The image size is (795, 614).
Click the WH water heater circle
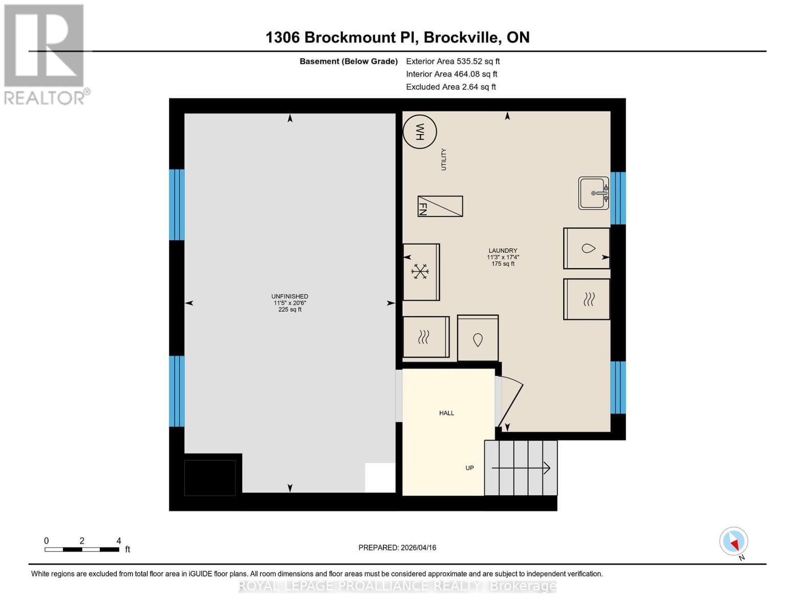click(419, 131)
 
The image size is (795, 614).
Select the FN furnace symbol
click(440, 206)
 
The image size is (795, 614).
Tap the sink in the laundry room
click(593, 193)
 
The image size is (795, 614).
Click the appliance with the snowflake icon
click(421, 272)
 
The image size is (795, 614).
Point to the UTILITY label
click(444, 159)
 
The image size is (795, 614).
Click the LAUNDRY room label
click(502, 251)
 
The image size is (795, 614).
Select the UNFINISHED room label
click(290, 296)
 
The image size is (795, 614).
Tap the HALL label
click(446, 413)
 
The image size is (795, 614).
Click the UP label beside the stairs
click(469, 468)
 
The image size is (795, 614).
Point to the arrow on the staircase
click(521, 468)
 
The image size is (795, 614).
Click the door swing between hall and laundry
click(510, 402)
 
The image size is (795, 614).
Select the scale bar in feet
click(82, 550)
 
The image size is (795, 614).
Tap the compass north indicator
click(734, 541)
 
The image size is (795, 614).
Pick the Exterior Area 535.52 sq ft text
click(453, 61)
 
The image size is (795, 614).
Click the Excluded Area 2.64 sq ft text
click(450, 87)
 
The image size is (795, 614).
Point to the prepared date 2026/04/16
click(397, 547)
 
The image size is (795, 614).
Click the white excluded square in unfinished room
click(380, 477)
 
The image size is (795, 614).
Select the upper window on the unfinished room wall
click(177, 205)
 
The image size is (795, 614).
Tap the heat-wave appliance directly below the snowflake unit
click(426, 337)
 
